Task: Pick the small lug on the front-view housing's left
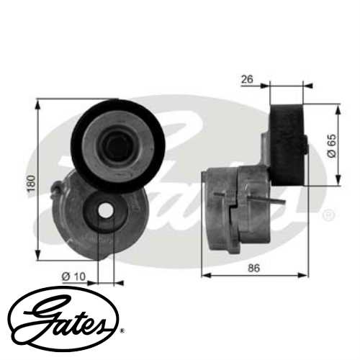click(x=56, y=190)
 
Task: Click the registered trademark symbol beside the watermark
click(x=328, y=215)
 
